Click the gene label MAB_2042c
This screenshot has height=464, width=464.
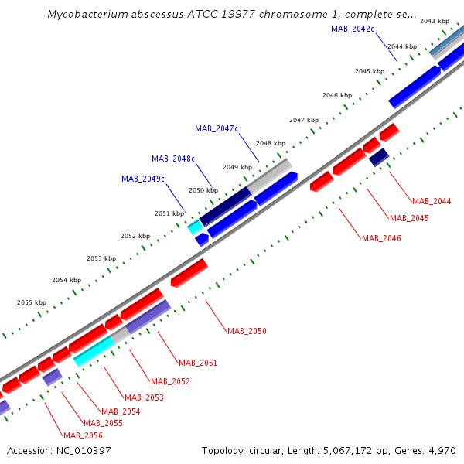coord(353,29)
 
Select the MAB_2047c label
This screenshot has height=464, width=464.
coord(217,128)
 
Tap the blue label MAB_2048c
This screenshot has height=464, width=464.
coord(173,159)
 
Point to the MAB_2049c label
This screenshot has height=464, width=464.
coord(143,179)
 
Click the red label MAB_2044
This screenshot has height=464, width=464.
coord(432,201)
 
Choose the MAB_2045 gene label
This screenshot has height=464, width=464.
coord(409,218)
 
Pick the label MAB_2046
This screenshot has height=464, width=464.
coord(381,238)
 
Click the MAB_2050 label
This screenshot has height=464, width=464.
coord(247,331)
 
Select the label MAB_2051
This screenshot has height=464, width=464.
coord(198,363)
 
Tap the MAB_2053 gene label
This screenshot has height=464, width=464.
coord(144,397)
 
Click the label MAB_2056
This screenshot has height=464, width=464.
coord(83,435)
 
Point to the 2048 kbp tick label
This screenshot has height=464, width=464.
coord(271,143)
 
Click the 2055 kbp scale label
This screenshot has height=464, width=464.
coord(32,302)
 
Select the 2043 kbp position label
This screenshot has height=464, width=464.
coord(434,21)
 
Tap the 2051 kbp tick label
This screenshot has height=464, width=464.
coord(169,213)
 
